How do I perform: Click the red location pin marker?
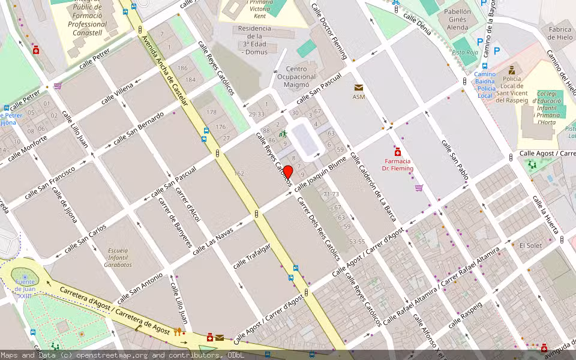287,172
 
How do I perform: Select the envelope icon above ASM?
359,88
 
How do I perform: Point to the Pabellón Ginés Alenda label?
457,19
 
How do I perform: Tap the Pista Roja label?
464,53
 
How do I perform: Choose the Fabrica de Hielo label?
559,34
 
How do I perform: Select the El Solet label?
530,245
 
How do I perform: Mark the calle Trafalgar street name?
252,256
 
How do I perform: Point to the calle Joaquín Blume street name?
320,173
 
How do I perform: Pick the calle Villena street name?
117,94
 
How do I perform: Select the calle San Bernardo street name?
138,128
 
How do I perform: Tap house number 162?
239,173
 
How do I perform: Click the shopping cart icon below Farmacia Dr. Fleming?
418,188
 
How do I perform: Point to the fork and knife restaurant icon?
177,331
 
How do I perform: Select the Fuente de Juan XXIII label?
25,289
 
